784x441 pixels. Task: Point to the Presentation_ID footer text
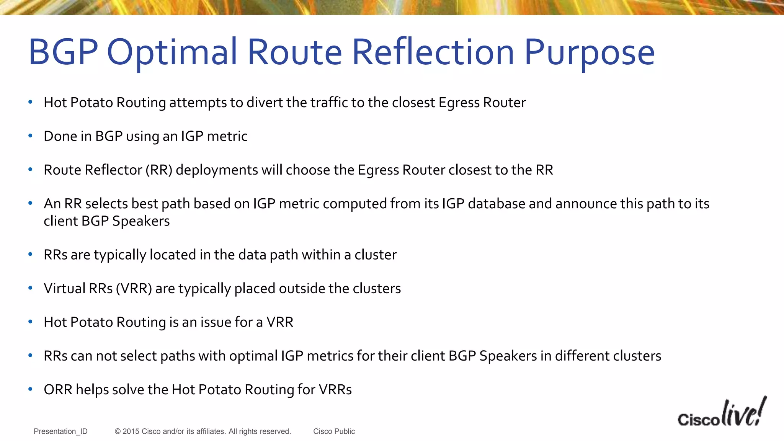[x=60, y=431]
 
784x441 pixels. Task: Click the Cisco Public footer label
[x=334, y=431]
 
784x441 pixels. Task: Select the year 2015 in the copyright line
[x=131, y=431]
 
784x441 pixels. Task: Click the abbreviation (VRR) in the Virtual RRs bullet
[x=134, y=289]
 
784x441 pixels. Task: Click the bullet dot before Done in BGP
[x=30, y=136]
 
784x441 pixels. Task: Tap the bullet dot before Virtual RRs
[x=30, y=288]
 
